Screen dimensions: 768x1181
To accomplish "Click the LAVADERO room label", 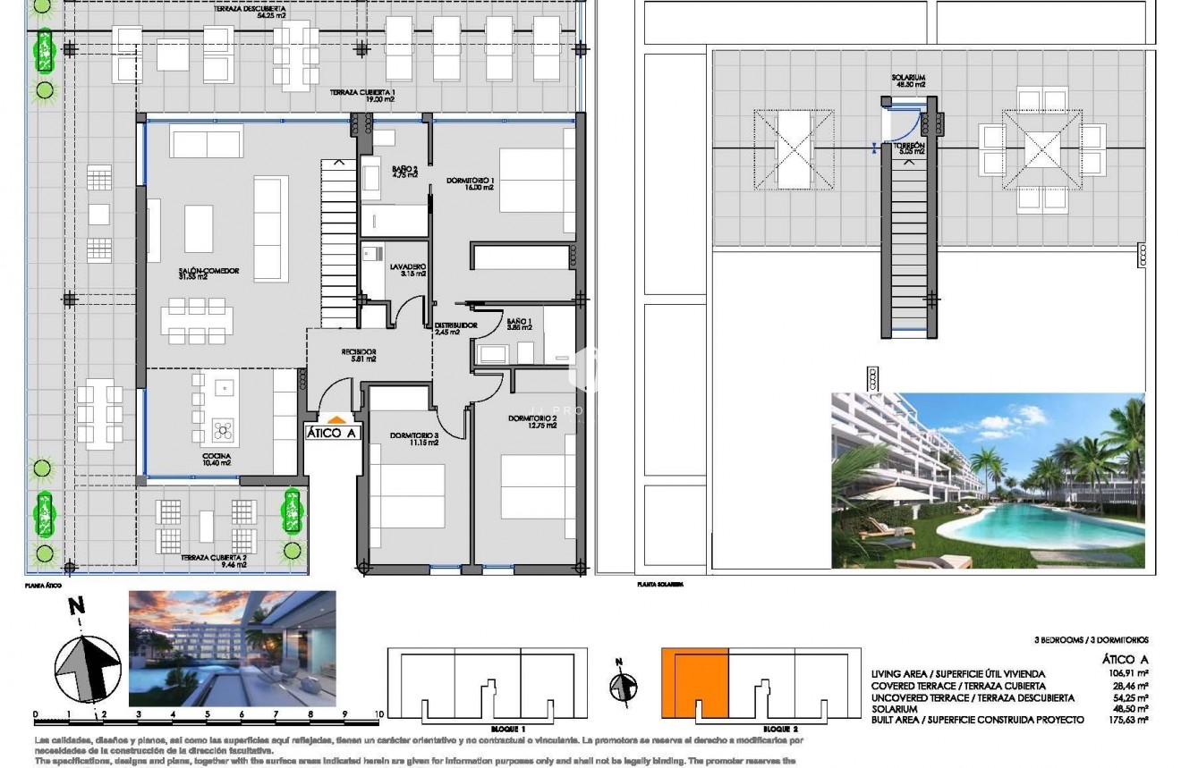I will pos(407,267).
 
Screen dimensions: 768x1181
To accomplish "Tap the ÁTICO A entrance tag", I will pos(332,433).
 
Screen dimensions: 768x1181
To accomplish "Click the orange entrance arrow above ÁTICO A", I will pos(335,418).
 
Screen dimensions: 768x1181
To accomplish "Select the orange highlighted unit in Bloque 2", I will pos(695,683).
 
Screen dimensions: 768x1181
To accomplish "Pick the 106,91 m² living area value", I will pos(1128,674).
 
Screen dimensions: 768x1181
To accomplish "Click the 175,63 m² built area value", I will pos(1128,719).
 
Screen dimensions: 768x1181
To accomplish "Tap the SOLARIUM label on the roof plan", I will pos(907,79).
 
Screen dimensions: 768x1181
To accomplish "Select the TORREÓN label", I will pos(907,145).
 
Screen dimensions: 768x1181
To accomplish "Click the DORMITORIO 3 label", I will pos(414,436).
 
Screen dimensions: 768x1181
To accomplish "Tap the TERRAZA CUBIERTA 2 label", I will pos(214,558).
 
